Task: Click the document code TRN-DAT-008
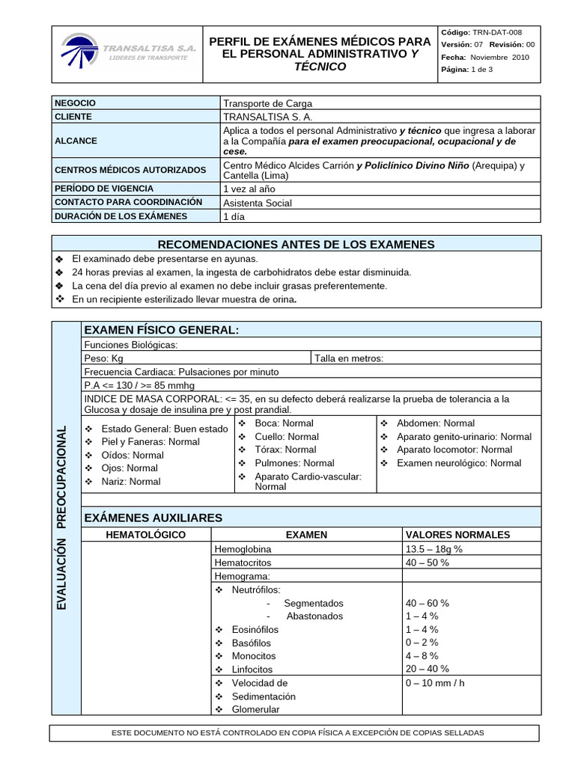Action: pyautogui.click(x=495, y=33)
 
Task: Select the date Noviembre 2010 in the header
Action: pyautogui.click(x=499, y=58)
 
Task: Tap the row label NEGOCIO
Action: pyautogui.click(x=76, y=103)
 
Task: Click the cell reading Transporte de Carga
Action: pyautogui.click(x=267, y=103)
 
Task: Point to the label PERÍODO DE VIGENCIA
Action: pyautogui.click(x=104, y=189)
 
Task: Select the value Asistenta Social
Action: pyautogui.click(x=258, y=203)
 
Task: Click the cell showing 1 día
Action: pyautogui.click(x=234, y=216)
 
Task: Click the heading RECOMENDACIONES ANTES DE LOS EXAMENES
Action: pyautogui.click(x=296, y=245)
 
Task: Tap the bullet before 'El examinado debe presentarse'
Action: pyautogui.click(x=60, y=258)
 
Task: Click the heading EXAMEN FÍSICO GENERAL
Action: pyautogui.click(x=162, y=331)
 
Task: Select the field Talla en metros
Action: pyautogui.click(x=349, y=358)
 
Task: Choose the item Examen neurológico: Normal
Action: pyautogui.click(x=459, y=463)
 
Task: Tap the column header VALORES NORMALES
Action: pyautogui.click(x=457, y=535)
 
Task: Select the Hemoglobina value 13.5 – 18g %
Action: pyautogui.click(x=434, y=549)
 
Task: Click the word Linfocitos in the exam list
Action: pyautogui.click(x=252, y=670)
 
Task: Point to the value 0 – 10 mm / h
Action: pyautogui.click(x=435, y=683)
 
